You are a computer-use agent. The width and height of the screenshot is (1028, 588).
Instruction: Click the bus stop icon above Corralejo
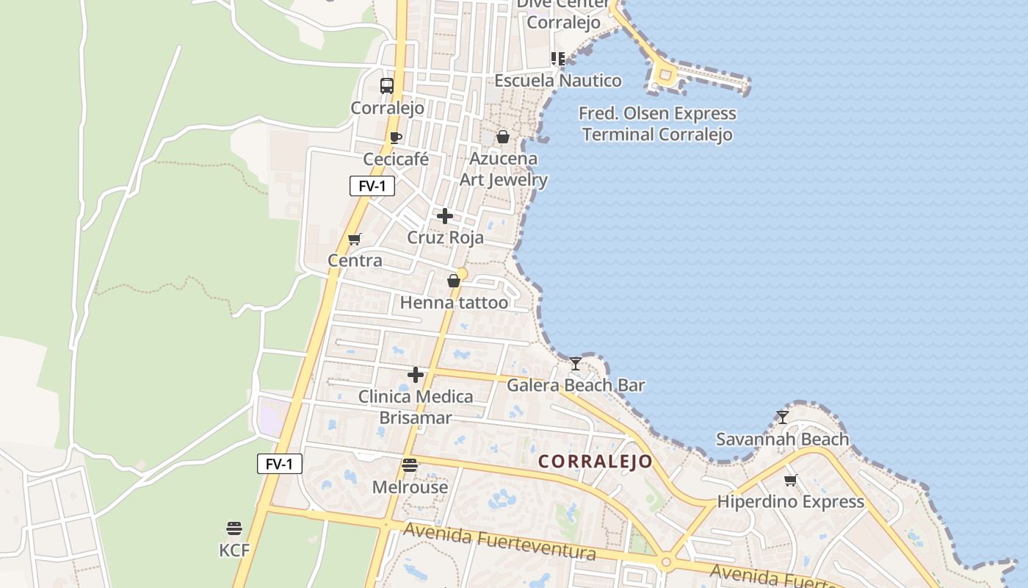tap(387, 86)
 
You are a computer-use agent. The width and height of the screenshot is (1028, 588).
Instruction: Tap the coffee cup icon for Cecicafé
tap(396, 137)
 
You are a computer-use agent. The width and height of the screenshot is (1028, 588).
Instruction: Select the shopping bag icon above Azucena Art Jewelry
tap(503, 137)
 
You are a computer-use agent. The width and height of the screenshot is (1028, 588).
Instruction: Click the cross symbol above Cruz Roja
tap(445, 216)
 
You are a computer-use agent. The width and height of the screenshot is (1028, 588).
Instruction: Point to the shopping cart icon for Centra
tap(355, 239)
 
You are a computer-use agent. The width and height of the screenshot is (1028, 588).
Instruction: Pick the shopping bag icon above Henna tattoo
tap(454, 281)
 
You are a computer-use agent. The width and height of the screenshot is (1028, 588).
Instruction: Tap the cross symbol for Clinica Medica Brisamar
tap(416, 375)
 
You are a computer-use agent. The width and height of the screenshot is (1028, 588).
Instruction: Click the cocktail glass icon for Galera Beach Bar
tap(576, 364)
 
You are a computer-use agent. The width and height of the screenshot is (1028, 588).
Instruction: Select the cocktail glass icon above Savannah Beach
tap(783, 417)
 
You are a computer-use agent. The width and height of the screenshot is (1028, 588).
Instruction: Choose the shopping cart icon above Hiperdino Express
tap(791, 481)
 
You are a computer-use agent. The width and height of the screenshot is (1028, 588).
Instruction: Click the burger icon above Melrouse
tap(410, 465)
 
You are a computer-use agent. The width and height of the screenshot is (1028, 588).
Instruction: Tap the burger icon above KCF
tap(234, 528)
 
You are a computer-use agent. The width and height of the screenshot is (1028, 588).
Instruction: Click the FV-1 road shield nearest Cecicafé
tap(372, 186)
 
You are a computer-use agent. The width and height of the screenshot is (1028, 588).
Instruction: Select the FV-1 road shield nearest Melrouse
tap(280, 464)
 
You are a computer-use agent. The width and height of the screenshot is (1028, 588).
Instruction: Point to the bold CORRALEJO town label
tap(596, 462)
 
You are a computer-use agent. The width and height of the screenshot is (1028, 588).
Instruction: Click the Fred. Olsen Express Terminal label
tap(657, 124)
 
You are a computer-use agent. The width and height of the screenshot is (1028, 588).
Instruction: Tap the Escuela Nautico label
tap(558, 81)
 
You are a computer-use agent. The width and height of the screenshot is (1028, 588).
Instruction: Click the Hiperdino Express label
tap(791, 502)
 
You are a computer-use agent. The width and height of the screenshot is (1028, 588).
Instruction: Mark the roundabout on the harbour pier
tap(665, 74)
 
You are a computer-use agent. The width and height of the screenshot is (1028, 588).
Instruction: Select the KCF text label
tap(234, 550)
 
